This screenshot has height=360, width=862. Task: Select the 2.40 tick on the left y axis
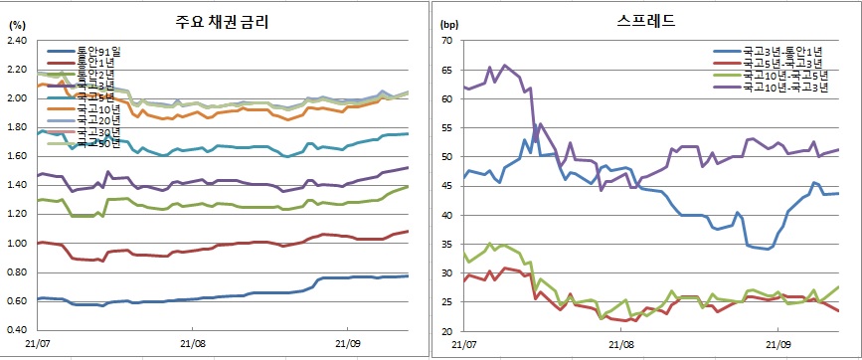point(17,41)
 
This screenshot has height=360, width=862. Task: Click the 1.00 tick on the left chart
point(17,244)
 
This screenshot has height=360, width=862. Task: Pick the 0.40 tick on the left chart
point(17,331)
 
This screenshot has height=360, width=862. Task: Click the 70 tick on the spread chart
point(447,41)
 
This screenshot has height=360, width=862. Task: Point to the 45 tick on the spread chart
point(447,186)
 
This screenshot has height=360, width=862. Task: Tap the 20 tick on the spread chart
point(447,331)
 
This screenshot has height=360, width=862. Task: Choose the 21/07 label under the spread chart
point(464,343)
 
